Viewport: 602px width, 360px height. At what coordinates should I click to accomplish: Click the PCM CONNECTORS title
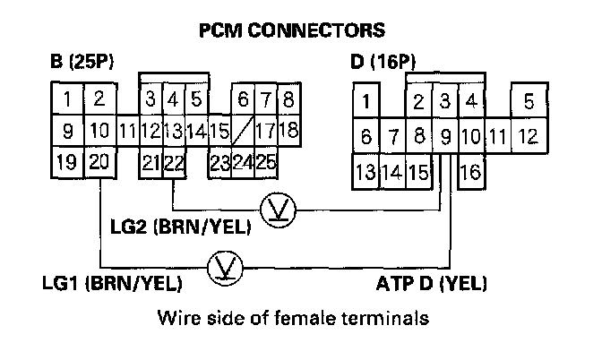pyautogui.click(x=291, y=30)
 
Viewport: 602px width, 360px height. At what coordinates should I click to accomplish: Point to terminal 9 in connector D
pyautogui.click(x=445, y=137)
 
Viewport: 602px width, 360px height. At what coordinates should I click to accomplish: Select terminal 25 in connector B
pyautogui.click(x=266, y=163)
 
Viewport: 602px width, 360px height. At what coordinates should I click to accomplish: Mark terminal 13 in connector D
pyautogui.click(x=365, y=170)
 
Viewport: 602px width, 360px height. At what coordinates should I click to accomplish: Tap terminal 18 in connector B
pyautogui.click(x=288, y=131)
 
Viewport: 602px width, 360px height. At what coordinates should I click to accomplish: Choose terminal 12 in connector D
pyautogui.click(x=529, y=137)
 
